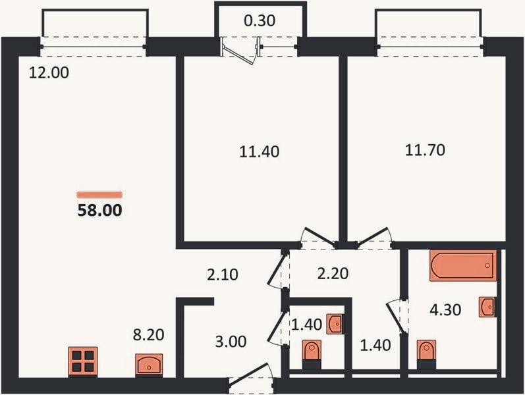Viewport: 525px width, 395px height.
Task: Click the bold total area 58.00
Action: pos(99,210)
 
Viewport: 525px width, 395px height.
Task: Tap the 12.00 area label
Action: pos(49,72)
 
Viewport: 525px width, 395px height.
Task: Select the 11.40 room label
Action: pos(259,151)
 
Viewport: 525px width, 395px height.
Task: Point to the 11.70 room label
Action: pos(425,150)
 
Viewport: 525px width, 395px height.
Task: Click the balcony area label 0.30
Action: pos(260,20)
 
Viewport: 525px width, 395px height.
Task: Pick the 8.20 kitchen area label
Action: pos(149,334)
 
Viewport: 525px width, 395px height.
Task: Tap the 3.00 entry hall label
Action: pos(231,342)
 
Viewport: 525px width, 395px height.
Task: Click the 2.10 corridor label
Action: pos(223,275)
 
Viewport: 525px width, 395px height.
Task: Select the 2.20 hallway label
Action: pos(333,273)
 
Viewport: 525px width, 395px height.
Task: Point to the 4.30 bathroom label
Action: pos(445,310)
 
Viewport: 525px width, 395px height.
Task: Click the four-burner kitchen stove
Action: pos(83,361)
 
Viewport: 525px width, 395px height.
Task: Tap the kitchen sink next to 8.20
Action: pos(149,364)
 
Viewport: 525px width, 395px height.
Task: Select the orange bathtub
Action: pos(463,265)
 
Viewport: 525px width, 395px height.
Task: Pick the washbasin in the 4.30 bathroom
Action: pos(487,306)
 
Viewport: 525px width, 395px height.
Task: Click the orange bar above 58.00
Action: pos(99,194)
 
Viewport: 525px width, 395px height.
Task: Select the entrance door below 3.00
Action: pos(251,377)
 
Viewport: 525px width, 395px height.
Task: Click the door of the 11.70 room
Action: pos(374,238)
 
